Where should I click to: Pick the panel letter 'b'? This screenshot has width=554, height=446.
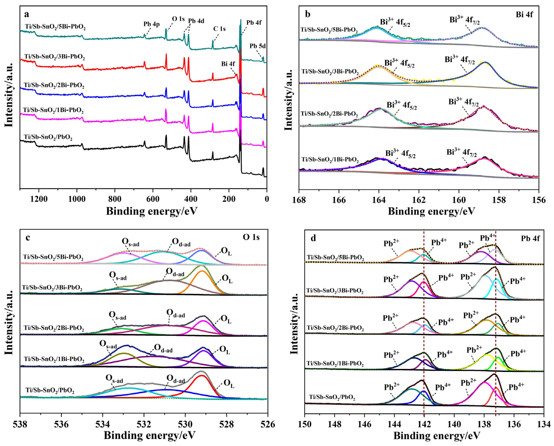(x=308, y=14)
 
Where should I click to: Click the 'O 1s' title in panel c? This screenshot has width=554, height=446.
(x=251, y=237)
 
